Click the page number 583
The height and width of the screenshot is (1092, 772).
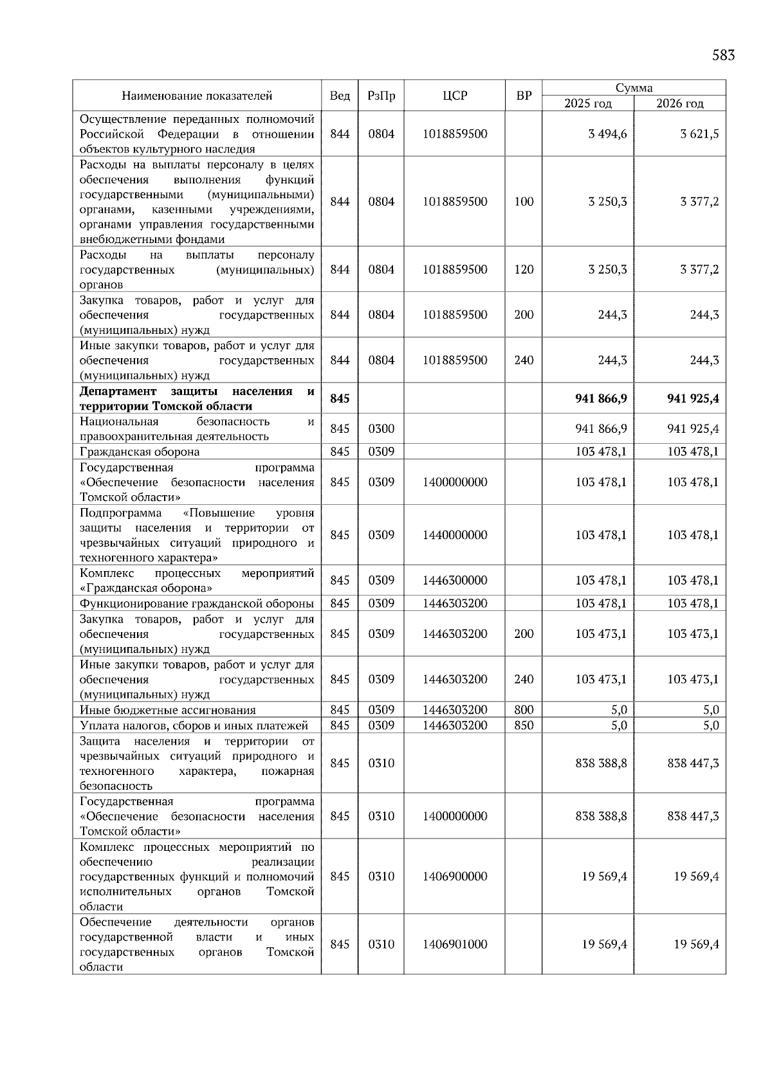pos(723,55)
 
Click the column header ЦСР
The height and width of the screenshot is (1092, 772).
pos(455,96)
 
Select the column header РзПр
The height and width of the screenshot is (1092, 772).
pos(381,96)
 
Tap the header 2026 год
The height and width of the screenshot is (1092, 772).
pos(679,104)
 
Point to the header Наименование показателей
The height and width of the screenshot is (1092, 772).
pos(197,96)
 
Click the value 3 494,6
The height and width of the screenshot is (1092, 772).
pos(607,134)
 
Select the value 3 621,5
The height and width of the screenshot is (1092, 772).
pos(699,134)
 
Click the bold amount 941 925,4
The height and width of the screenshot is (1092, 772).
pos(693,399)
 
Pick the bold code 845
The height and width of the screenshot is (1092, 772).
pos(340,399)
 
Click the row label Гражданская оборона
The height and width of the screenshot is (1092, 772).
pos(140,451)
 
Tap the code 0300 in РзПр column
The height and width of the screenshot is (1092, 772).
pos(381,429)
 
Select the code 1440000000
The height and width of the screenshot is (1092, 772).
pos(455,535)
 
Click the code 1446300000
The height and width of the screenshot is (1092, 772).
pos(455,581)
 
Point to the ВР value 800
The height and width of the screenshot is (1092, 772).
pos(524,710)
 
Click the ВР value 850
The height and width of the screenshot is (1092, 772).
pos(524,725)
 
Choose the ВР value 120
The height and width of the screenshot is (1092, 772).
pos(524,269)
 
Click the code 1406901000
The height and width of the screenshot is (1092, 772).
pos(455,944)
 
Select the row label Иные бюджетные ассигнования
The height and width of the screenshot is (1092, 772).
pos(168,710)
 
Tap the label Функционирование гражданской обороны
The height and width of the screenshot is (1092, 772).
pos(196,603)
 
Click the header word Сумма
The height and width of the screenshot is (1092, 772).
pos(634,88)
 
